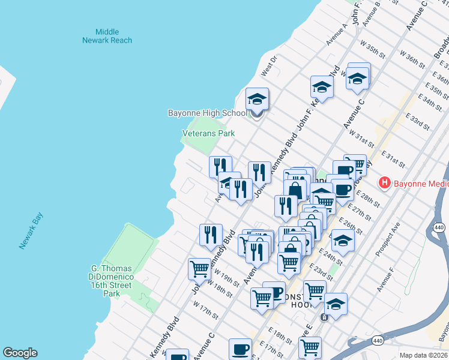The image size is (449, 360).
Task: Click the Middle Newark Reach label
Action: pos(107,36)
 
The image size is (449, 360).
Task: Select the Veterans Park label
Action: pos(208,133)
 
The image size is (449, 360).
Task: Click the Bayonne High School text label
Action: pos(206,113)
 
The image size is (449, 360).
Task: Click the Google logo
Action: pos(20,353)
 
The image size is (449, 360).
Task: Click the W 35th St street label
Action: pos(372,50)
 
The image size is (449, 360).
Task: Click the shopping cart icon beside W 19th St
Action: pos(199,269)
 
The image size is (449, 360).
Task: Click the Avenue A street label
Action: pos(337,35)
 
